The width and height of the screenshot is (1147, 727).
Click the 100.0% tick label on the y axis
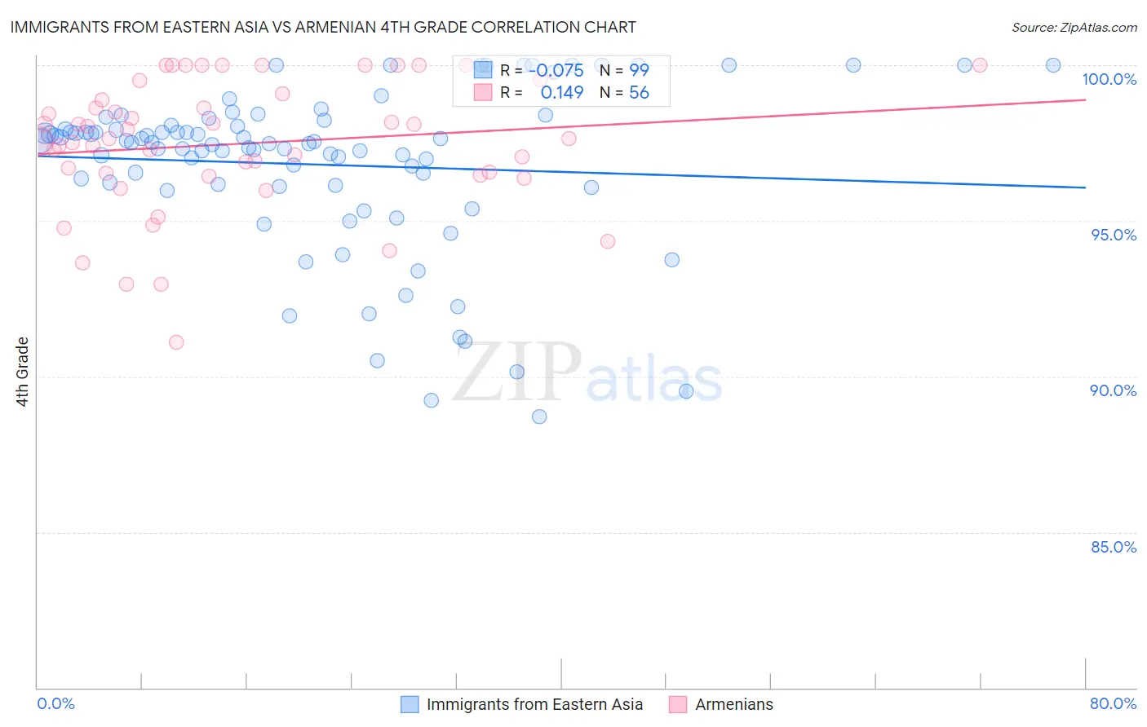[1109, 79]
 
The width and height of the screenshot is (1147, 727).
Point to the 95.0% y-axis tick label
[1114, 235]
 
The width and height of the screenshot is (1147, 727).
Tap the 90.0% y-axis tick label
[1113, 390]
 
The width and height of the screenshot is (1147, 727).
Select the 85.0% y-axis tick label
[1114, 547]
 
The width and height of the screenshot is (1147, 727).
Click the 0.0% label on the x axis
[55, 703]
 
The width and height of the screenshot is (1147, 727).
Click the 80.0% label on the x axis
[1113, 703]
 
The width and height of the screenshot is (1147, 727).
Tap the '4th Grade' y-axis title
[23, 372]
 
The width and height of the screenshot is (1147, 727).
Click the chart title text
[323, 27]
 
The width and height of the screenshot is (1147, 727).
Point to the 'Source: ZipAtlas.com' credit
[1074, 28]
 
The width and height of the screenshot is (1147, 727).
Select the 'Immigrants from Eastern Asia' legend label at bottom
[534, 704]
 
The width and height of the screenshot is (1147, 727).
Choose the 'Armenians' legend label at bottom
[734, 704]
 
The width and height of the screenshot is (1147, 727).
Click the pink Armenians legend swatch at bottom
[678, 704]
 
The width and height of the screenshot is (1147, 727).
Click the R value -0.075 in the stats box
[556, 71]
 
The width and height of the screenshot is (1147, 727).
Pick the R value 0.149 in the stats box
[562, 93]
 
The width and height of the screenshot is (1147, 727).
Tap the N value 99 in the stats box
[639, 71]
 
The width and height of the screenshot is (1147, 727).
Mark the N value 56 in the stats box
[639, 93]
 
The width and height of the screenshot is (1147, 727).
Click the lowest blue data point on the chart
[539, 416]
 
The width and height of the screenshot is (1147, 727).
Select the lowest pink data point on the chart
[176, 342]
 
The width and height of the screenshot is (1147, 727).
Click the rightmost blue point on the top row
[1053, 65]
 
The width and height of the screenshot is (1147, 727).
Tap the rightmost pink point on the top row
[980, 65]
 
